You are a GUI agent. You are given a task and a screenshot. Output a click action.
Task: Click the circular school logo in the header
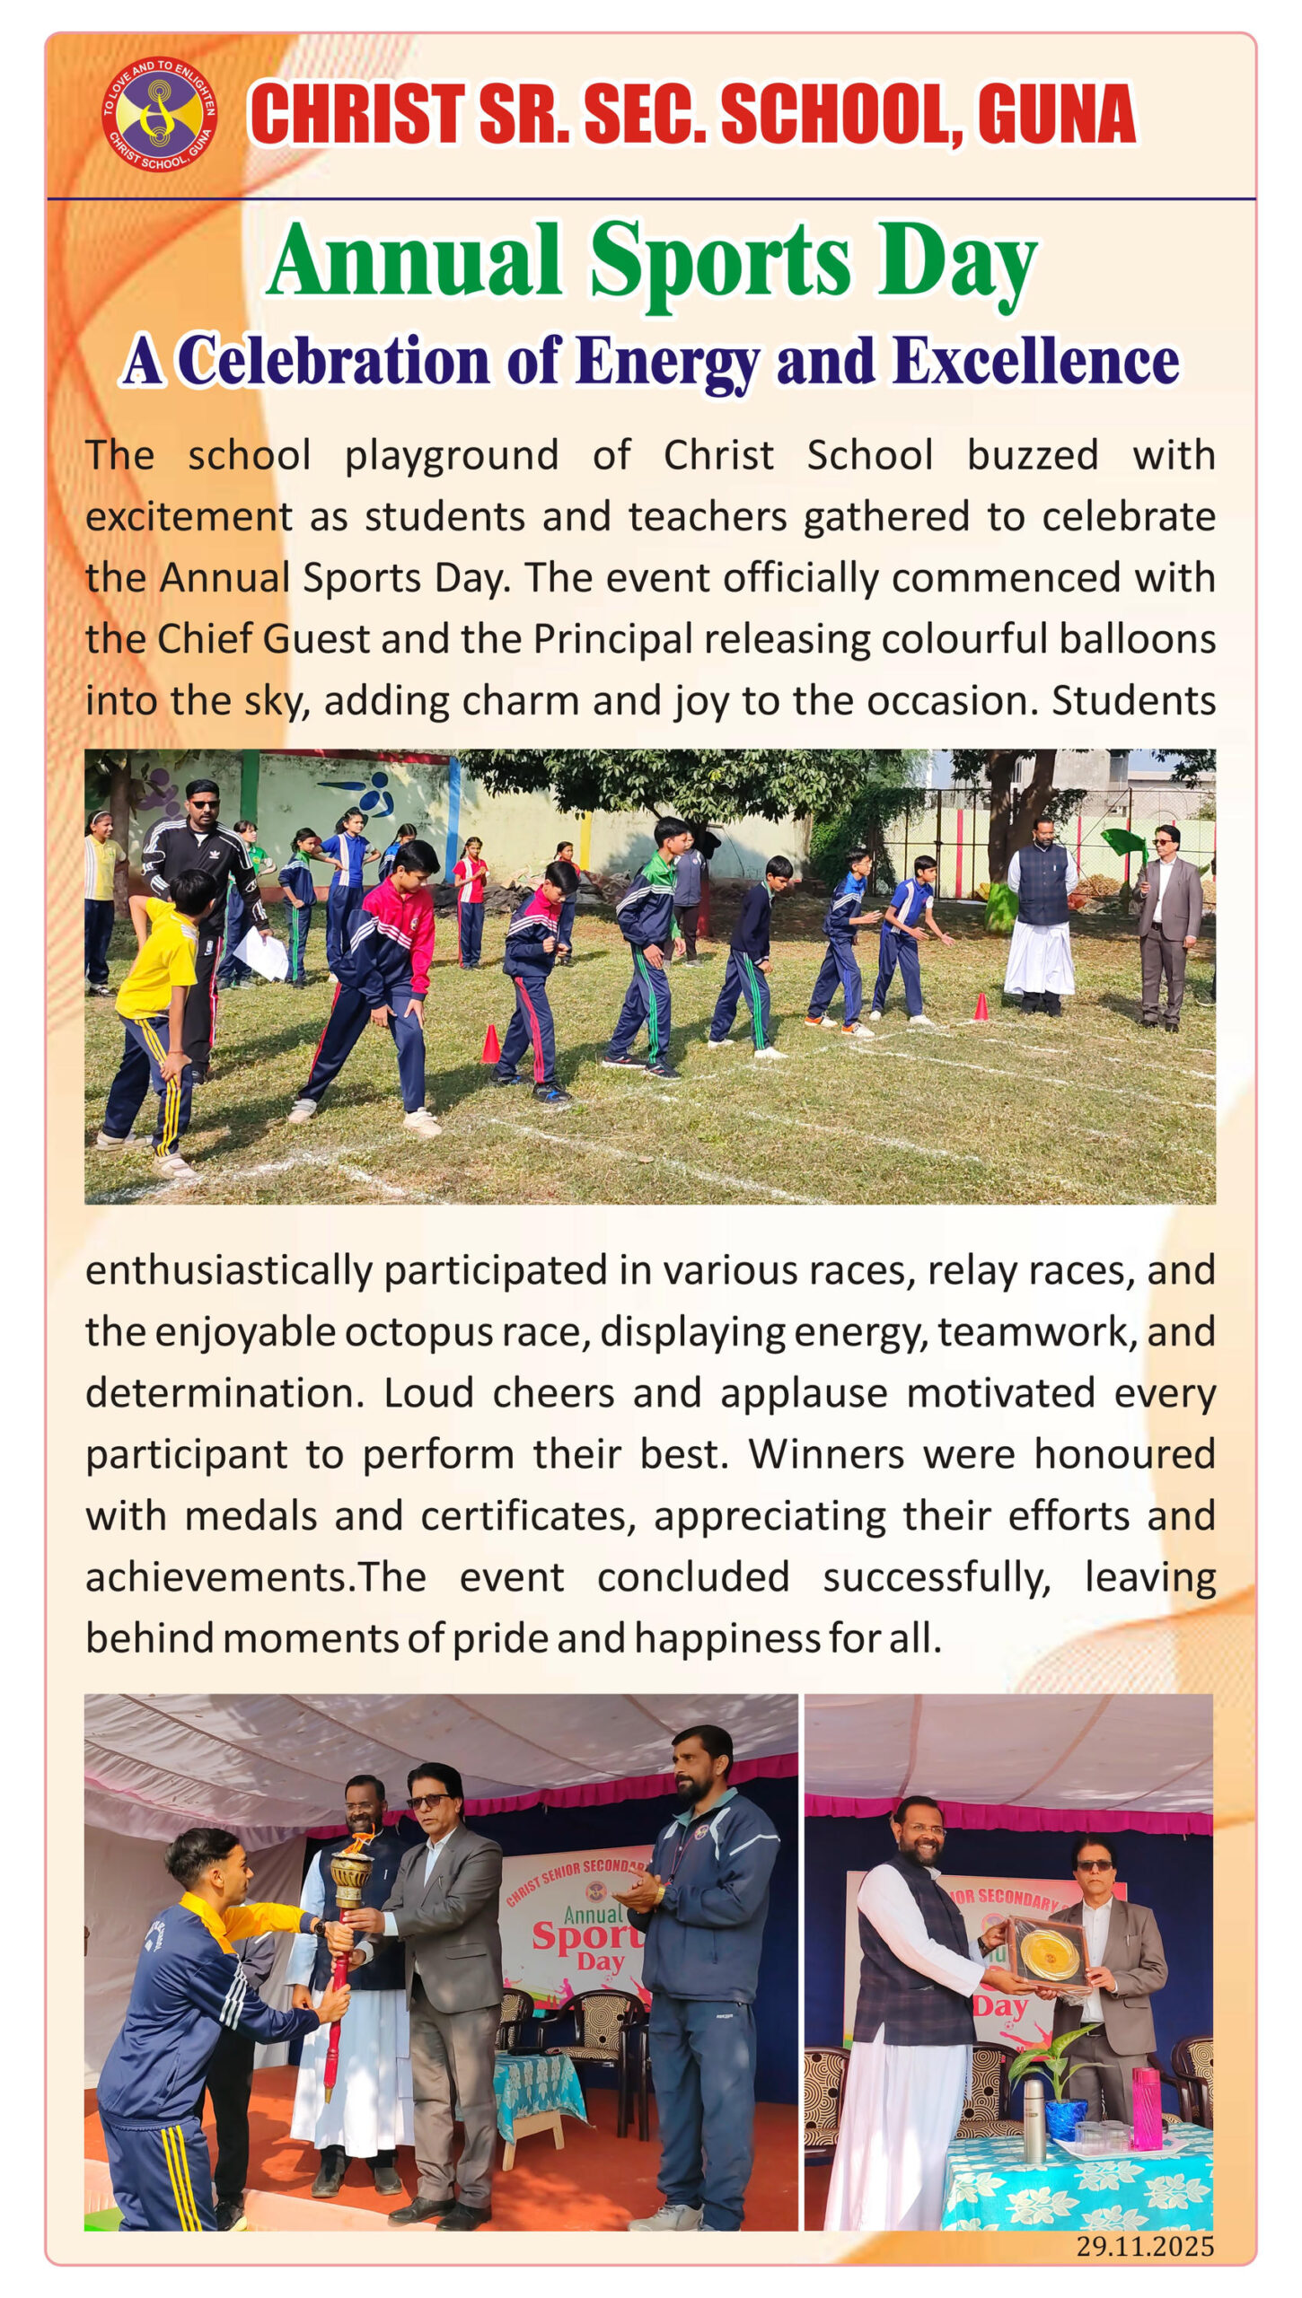[x=158, y=114]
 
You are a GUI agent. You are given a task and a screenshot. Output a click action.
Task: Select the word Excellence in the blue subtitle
[x=1035, y=362]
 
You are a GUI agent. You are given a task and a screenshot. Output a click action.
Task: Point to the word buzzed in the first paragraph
[x=1032, y=455]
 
